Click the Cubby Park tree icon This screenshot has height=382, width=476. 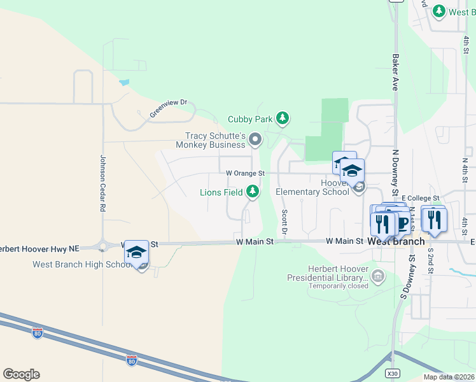(x=283, y=118)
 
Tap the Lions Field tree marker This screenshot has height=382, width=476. (x=253, y=191)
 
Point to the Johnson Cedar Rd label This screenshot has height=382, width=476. (x=102, y=184)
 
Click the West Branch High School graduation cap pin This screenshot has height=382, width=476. (x=137, y=253)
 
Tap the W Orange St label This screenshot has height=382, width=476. (x=244, y=173)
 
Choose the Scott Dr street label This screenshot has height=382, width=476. (x=284, y=222)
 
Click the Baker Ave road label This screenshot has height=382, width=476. (x=395, y=71)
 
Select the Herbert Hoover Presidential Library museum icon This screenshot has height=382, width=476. (x=378, y=277)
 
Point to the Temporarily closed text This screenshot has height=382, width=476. (x=338, y=286)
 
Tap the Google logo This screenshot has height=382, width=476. (x=21, y=374)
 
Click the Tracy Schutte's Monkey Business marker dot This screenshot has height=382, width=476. (x=256, y=139)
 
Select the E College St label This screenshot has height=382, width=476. (x=421, y=198)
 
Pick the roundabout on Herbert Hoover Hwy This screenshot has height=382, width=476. (x=102, y=244)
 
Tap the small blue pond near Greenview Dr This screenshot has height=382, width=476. (x=123, y=83)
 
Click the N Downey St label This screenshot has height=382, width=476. (x=395, y=173)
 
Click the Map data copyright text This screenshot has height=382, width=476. (x=448, y=377)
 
